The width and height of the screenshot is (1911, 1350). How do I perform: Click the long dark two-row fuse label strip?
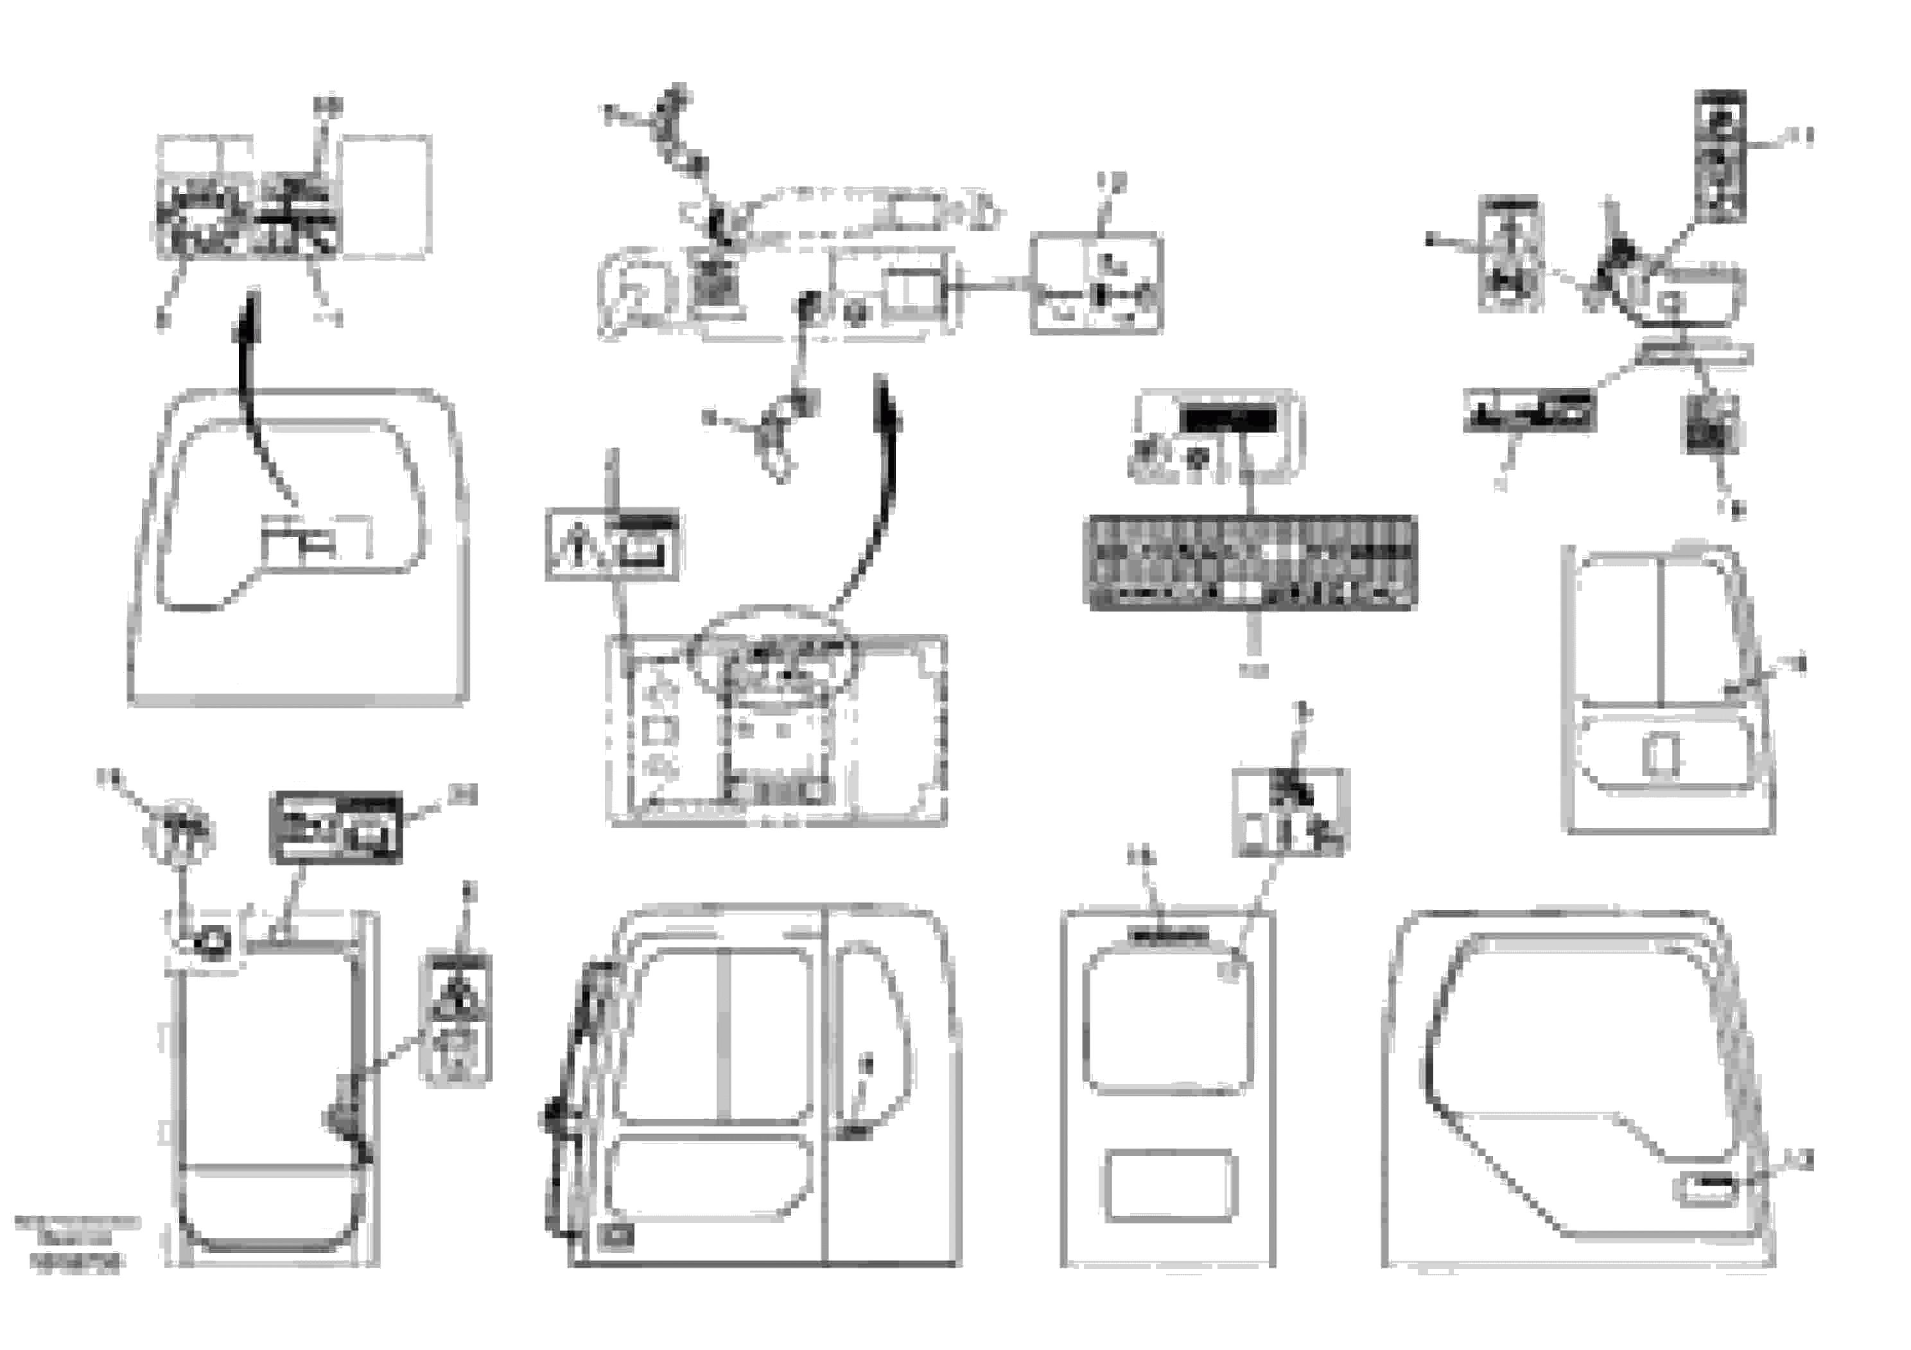pos(1253,563)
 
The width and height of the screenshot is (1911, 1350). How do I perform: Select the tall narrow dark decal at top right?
pos(1720,157)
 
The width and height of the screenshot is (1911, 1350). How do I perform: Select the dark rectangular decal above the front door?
pos(336,827)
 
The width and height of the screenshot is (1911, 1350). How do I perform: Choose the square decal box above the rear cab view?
pos(1289,812)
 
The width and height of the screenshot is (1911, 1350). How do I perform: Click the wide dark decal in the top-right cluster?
pos(1529,411)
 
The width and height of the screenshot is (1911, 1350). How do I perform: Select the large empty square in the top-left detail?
pos(386,197)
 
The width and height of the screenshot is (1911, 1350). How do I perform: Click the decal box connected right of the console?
pos(1096,284)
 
